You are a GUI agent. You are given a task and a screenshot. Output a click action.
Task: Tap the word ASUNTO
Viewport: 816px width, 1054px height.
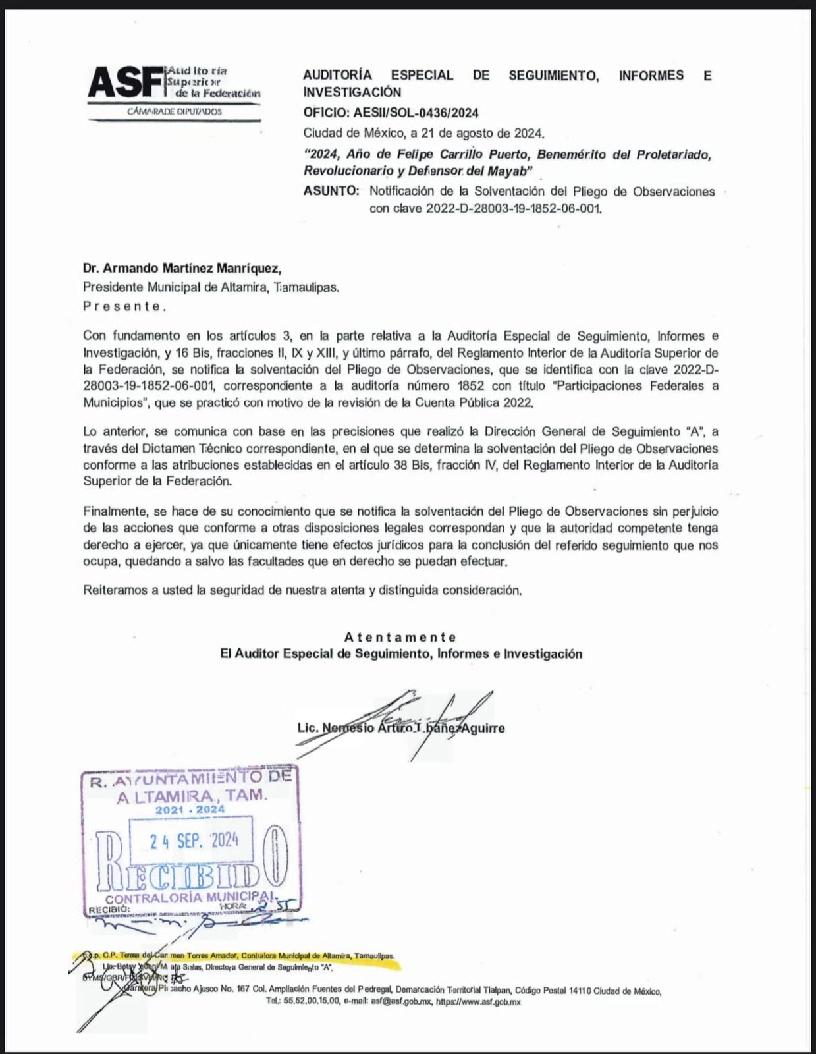(x=331, y=192)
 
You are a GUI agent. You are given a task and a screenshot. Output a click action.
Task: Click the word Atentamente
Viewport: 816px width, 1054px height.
(x=400, y=637)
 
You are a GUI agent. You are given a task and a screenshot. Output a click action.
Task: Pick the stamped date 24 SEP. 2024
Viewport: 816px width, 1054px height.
(x=193, y=841)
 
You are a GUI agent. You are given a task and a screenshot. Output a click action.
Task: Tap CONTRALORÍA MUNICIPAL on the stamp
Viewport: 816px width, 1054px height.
(x=191, y=899)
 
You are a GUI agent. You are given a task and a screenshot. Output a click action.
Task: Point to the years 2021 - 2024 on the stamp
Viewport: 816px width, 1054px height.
(x=190, y=809)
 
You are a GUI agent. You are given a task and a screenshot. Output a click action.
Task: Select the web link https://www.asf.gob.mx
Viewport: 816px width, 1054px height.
(x=478, y=1001)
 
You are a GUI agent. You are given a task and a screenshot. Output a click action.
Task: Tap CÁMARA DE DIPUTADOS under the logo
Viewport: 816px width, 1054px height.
(x=175, y=111)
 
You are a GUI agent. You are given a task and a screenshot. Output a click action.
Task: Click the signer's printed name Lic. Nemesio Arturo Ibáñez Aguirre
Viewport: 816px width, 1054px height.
(x=400, y=728)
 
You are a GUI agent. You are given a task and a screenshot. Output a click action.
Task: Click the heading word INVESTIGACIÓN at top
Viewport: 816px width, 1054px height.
(x=352, y=92)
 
